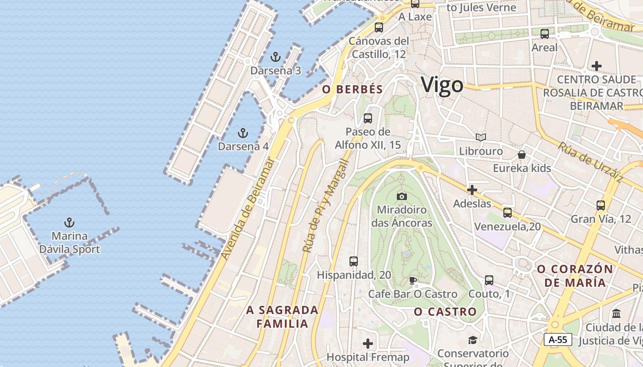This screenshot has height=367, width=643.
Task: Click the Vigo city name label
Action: [x=442, y=85]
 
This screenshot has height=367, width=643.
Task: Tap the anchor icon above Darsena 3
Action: [x=276, y=57]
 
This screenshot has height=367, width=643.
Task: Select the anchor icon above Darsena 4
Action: [x=243, y=133]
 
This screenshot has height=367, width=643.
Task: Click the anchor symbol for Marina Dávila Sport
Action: [x=69, y=223]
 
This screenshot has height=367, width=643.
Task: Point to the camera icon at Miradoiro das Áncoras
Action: [x=402, y=196]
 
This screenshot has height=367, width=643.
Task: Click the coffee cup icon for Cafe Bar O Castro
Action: [x=413, y=280]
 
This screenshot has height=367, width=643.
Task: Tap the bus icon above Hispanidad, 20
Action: [x=353, y=261]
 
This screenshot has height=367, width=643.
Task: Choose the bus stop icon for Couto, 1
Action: [x=489, y=280]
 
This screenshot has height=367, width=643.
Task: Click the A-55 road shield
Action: [x=558, y=339]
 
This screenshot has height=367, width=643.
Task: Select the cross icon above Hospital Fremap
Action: [x=368, y=343]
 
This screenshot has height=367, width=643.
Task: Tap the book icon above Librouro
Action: [x=481, y=137]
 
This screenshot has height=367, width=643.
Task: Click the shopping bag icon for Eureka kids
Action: [x=522, y=155]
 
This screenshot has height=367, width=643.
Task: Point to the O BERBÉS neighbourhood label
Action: [x=352, y=89]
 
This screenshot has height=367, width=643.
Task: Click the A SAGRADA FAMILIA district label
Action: [x=282, y=317]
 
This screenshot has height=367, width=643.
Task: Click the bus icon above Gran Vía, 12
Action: [x=601, y=205]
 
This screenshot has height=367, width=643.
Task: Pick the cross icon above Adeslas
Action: [x=472, y=189]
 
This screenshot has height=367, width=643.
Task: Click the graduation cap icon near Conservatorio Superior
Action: [x=473, y=339]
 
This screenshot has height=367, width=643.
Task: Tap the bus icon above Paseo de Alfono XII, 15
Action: [x=368, y=118]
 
